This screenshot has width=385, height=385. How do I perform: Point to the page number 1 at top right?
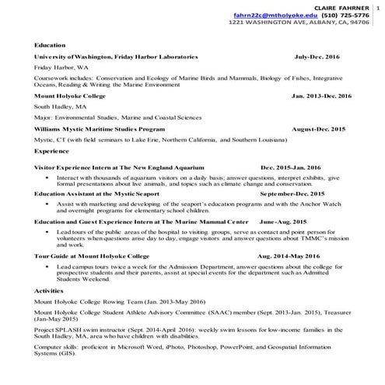click(379, 6)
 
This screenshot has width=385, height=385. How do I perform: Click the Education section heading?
click(50, 46)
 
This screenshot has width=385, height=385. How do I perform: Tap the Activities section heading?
click(49, 290)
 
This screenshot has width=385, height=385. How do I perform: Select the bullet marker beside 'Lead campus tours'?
click(48, 266)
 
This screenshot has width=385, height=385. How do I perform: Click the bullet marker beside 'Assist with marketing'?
click(48, 202)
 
